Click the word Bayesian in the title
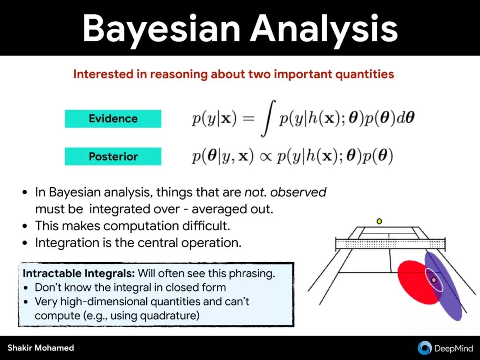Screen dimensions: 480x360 [x=161, y=29]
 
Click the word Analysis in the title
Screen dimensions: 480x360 [x=324, y=28]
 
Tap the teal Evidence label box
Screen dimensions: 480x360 [x=113, y=119]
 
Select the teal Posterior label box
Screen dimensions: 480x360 [x=113, y=156]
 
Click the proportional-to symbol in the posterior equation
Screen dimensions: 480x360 [x=265, y=157]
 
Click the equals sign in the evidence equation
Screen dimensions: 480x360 [x=248, y=119]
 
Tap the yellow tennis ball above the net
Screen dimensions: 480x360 [x=379, y=221]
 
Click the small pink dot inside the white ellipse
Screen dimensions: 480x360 [x=433, y=280]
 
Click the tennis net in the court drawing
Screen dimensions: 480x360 [x=390, y=244]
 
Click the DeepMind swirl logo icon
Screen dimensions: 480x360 [x=424, y=348]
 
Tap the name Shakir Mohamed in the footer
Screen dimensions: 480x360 [x=41, y=348]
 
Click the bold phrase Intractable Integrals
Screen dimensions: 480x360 [x=79, y=273]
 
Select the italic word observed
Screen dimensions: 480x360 [x=298, y=192]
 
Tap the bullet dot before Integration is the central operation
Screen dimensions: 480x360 [x=25, y=244]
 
